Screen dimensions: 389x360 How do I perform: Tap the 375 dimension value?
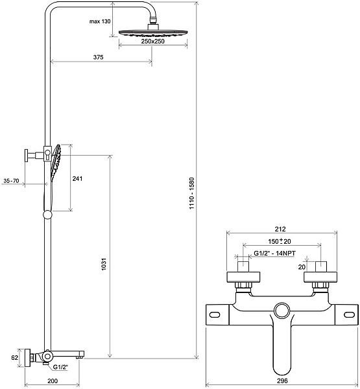point(99,57)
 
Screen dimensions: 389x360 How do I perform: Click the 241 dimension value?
point(77,179)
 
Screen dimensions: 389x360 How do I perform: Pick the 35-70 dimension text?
point(11,180)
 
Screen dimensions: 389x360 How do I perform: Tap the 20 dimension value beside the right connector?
point(301,266)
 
